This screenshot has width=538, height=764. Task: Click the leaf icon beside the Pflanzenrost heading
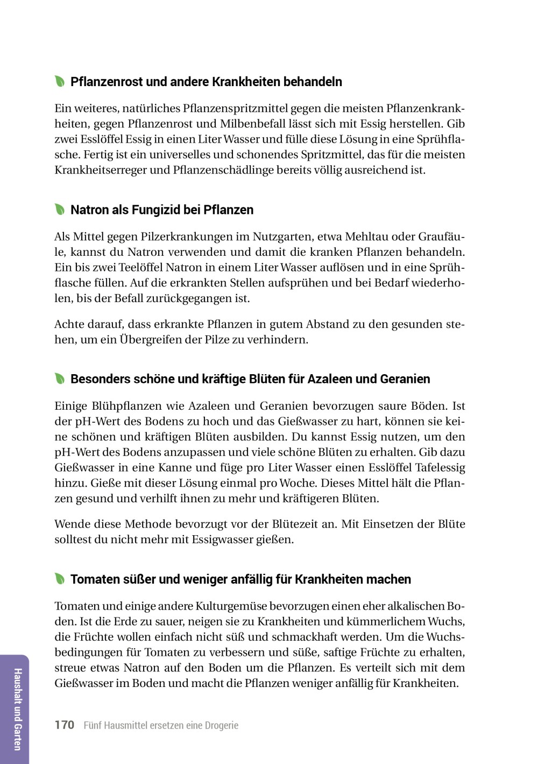[x=59, y=82]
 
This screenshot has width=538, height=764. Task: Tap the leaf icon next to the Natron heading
[x=59, y=209]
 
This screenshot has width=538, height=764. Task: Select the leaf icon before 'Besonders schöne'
[x=59, y=379]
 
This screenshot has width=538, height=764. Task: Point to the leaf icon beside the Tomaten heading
[x=59, y=579]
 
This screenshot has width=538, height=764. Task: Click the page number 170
[x=64, y=725]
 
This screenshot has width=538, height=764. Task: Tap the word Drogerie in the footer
[x=221, y=725]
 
